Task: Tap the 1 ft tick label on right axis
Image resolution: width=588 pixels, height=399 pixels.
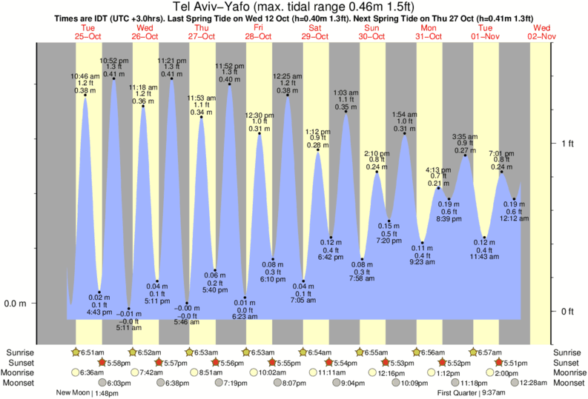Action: pyautogui.click(x=567, y=143)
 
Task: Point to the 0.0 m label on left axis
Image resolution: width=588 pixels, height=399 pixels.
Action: pyautogui.click(x=16, y=304)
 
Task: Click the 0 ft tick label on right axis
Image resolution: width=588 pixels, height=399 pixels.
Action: pyautogui.click(x=567, y=311)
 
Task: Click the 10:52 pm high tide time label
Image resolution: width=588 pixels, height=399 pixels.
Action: pyautogui.click(x=114, y=60)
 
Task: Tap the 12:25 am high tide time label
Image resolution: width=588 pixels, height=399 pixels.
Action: pyautogui.click(x=288, y=76)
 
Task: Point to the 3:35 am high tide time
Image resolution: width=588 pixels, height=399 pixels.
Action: pyautogui.click(x=466, y=136)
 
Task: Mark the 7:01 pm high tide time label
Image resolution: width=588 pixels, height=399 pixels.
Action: pyautogui.click(x=503, y=153)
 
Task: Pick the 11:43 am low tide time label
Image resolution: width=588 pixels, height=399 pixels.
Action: pyautogui.click(x=484, y=256)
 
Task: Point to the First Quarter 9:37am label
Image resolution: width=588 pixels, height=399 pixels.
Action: pyautogui.click(x=460, y=394)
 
